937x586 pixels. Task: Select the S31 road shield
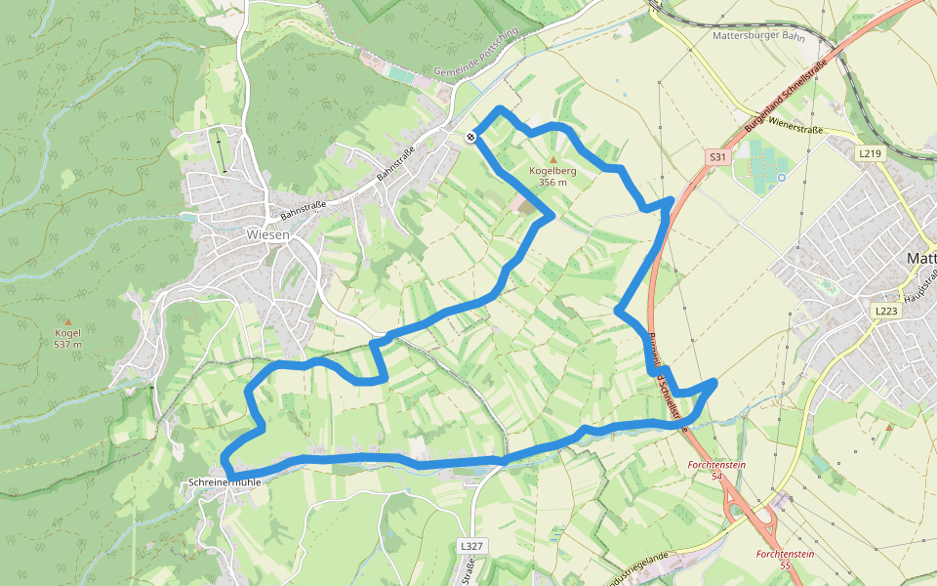coord(717,156)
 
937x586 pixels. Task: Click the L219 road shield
coord(870,153)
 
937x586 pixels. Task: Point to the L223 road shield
coord(885,311)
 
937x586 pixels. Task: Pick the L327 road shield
coord(471,545)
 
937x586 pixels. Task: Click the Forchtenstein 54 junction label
coord(716,471)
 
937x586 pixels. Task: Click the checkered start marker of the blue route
coord(471,137)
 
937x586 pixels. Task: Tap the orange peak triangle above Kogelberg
coord(553,159)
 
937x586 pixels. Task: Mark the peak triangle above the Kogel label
coord(68,321)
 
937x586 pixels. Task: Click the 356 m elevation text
coord(552,183)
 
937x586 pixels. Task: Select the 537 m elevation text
coord(68,345)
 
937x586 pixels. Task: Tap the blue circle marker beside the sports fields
coord(782,178)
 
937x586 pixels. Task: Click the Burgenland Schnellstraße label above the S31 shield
coord(785,97)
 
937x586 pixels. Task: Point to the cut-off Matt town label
coord(921,259)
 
